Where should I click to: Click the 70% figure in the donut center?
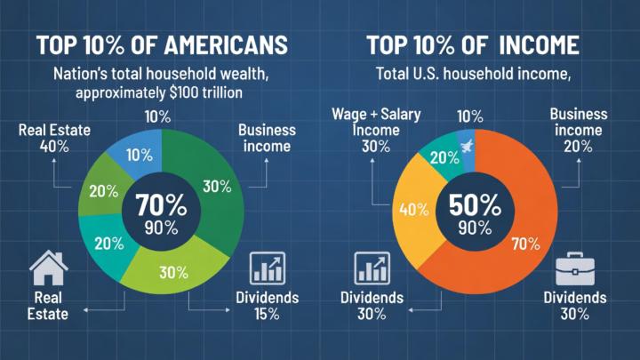(161, 205)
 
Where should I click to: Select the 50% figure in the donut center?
(468, 204)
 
